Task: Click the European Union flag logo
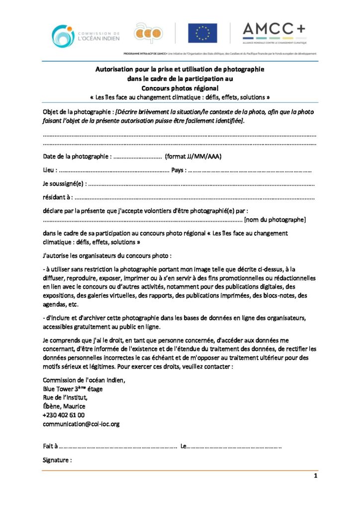click(202, 33)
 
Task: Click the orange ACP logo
click(148, 33)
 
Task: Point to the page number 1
click(315, 476)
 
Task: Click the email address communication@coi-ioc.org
click(81, 424)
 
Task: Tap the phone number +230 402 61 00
click(64, 415)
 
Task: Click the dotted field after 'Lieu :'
click(114, 170)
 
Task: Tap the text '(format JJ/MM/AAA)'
click(193, 157)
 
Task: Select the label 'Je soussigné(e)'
click(64, 184)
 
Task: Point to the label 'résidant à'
click(57, 197)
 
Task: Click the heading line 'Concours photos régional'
click(180, 87)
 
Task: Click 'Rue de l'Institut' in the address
click(65, 397)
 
